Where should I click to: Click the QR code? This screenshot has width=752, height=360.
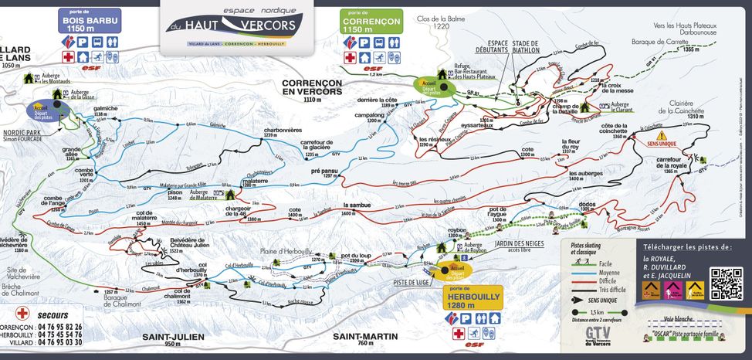(726, 284)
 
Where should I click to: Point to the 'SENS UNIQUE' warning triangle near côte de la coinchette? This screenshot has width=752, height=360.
(640, 135)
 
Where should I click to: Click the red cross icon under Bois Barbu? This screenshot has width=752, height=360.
(68, 57)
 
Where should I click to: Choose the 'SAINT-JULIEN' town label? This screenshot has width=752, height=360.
(173, 338)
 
